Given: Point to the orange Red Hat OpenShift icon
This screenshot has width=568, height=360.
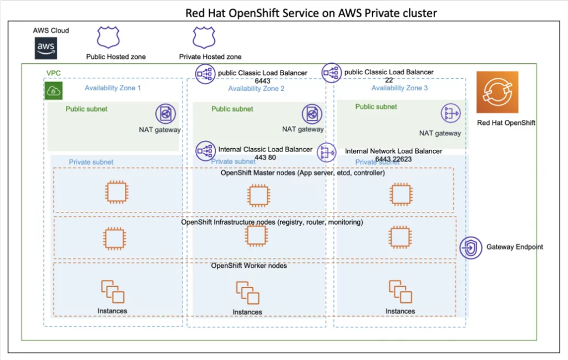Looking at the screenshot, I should (x=498, y=92).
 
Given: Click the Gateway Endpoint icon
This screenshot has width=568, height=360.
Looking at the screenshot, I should (x=471, y=247).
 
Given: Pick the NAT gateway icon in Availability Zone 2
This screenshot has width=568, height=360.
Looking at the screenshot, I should (x=312, y=114).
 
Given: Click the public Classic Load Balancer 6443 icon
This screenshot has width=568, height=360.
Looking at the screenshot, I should (x=205, y=73).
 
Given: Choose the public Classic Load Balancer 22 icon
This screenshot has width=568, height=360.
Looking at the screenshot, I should (x=331, y=72).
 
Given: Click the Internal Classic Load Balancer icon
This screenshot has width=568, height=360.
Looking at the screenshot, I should (x=205, y=150).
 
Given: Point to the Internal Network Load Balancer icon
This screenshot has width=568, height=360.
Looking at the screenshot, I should (x=326, y=152).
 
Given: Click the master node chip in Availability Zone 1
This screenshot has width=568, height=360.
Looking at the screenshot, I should (x=116, y=193).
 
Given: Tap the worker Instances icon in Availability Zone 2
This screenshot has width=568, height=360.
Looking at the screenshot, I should (x=247, y=293).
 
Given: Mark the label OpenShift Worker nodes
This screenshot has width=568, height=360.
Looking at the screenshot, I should (x=249, y=266).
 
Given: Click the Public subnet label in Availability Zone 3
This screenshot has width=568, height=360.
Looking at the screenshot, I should (x=376, y=107).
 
